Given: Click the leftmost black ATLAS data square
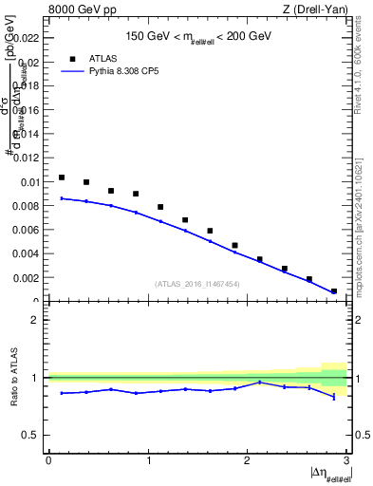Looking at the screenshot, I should pos(62,178).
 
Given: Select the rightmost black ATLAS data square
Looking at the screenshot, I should pos(334,291).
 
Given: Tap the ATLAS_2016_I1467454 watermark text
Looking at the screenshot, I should pos(197,283).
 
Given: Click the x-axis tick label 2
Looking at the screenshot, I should pos(247,460).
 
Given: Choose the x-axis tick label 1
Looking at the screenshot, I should pos(147,460).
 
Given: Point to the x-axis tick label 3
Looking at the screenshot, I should pos(346,460).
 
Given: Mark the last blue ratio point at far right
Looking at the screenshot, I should pos(334,397).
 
